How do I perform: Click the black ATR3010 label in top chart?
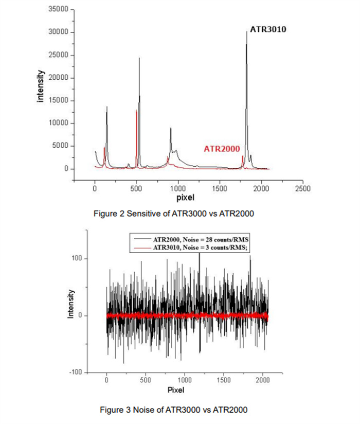(x=267, y=29)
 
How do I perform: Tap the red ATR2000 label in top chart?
(x=222, y=149)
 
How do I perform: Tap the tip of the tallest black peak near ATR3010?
(x=246, y=32)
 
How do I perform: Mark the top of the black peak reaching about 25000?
(x=139, y=58)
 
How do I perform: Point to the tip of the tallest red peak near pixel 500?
(x=136, y=110)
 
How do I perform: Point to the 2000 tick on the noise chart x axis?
(x=262, y=381)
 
